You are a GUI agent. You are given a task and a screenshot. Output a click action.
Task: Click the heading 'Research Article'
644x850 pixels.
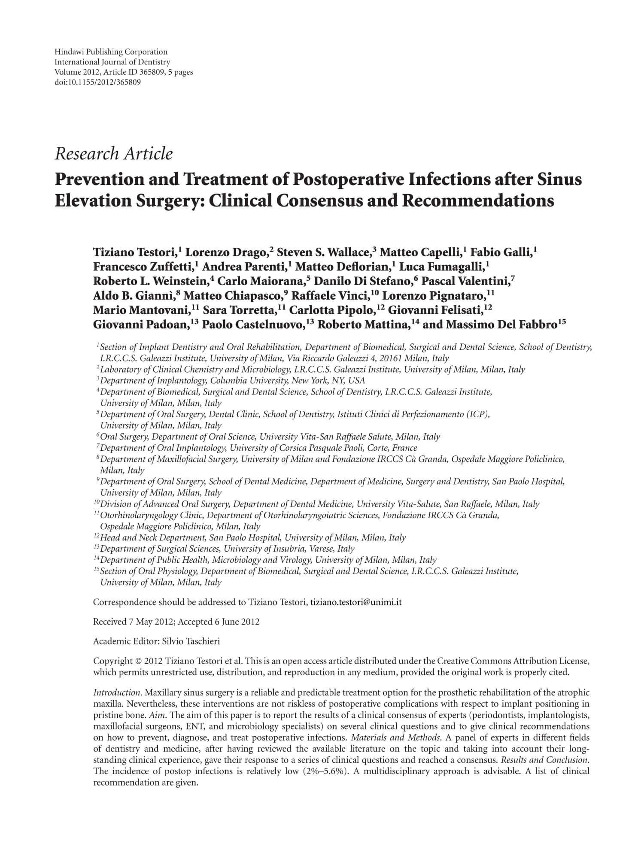(114, 154)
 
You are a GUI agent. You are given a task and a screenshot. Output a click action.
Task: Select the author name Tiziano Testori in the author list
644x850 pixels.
(135, 252)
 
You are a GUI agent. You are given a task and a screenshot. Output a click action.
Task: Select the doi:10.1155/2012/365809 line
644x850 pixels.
(97, 82)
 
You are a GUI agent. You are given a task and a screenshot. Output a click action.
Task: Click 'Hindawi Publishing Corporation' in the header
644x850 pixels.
(111, 52)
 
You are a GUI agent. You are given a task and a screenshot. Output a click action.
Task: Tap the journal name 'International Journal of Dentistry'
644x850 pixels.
(112, 62)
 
